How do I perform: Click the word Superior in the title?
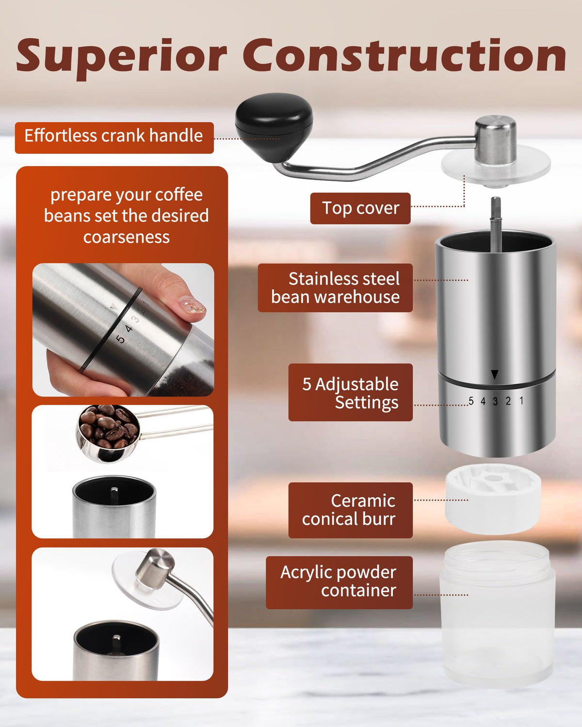coord(122,57)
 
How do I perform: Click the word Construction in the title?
coord(404,55)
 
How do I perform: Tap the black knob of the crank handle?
coord(274,126)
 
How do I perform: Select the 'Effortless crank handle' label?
coord(114,138)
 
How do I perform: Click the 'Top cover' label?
coord(360,208)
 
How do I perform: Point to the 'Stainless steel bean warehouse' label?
coord(335,288)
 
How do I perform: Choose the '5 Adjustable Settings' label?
coord(350,392)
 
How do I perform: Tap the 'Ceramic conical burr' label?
coord(350,510)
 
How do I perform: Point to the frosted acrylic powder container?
coord(497,615)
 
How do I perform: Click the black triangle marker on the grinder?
coord(495,375)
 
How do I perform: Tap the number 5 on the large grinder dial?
coord(471,401)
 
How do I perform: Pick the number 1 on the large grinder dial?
coord(521,401)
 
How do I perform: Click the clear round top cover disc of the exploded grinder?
coord(496,166)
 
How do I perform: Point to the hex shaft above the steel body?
coord(496,223)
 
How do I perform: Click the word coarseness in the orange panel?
coord(127,237)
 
